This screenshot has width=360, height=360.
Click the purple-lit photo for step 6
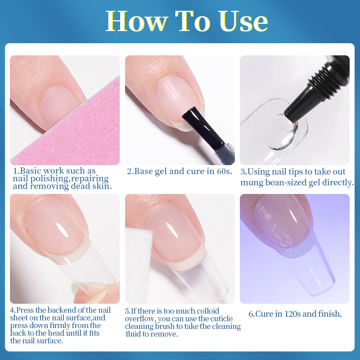coord(295,248)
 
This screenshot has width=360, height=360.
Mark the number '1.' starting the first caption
coord(16,171)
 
